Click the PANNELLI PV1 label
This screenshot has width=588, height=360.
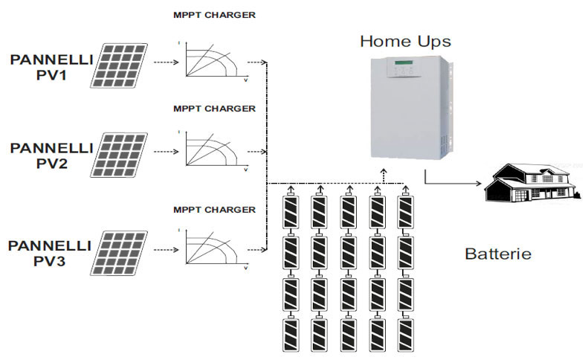click(50, 66)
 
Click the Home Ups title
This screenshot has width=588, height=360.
click(405, 41)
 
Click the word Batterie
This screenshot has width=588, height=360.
click(498, 254)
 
